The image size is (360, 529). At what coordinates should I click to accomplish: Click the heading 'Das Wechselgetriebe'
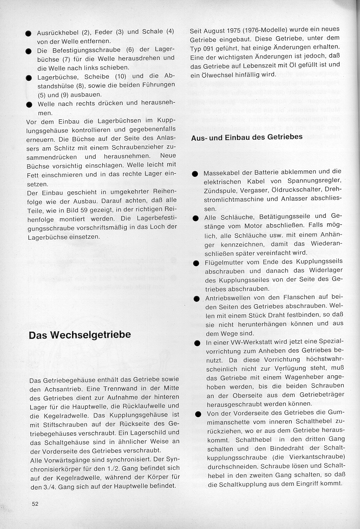pos(80,335)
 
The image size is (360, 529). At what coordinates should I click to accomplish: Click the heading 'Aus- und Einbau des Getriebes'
pos(247,137)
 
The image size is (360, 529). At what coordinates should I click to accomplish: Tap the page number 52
pos(35,503)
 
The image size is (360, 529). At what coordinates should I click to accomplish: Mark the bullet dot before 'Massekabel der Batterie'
pos(195,173)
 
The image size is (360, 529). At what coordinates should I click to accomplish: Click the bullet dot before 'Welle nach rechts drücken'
pos(29,104)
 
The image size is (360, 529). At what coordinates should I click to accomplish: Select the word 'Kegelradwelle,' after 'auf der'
pos(77,477)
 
